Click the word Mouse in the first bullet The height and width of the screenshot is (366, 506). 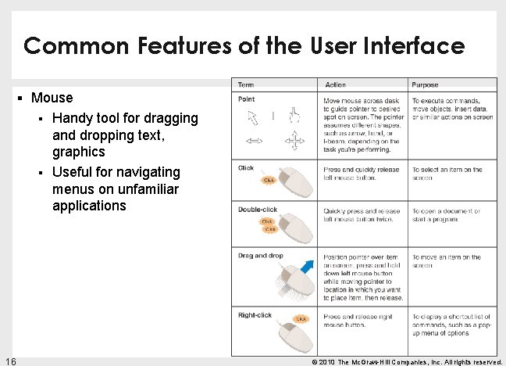pyautogui.click(x=52, y=98)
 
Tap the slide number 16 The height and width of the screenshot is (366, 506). pyautogui.click(x=10, y=361)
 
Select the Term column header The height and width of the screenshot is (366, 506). pyautogui.click(x=246, y=84)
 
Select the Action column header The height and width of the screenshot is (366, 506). pyautogui.click(x=335, y=84)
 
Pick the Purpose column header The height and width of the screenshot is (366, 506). pyautogui.click(x=425, y=84)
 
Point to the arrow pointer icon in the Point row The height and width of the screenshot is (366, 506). pyautogui.click(x=253, y=118)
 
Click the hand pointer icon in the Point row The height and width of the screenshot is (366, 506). pyautogui.click(x=294, y=117)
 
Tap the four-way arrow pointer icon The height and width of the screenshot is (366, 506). pyautogui.click(x=294, y=142)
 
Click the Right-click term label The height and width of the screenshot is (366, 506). pyautogui.click(x=255, y=315)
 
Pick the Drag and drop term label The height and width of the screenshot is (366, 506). pyautogui.click(x=261, y=256)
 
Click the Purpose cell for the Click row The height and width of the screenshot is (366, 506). pyautogui.click(x=448, y=174)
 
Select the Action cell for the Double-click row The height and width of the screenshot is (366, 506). pyautogui.click(x=362, y=215)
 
